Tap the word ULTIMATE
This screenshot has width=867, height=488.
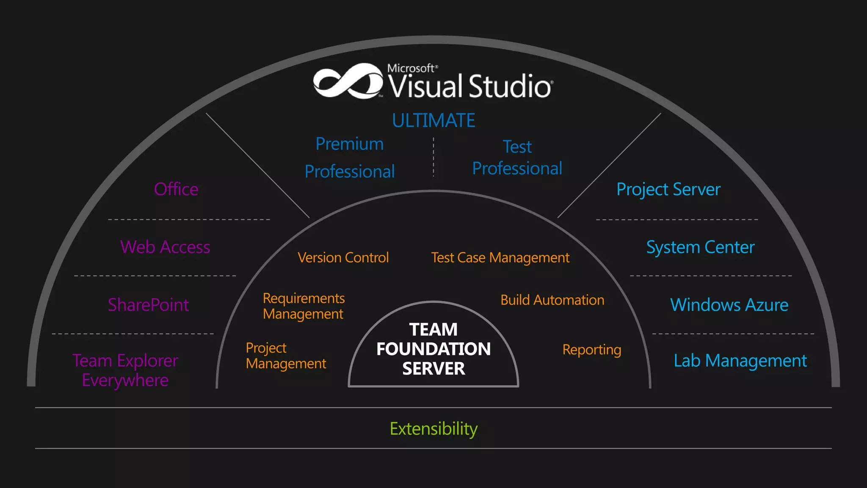(x=433, y=121)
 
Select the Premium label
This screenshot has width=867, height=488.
(x=350, y=144)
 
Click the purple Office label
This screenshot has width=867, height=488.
(x=176, y=189)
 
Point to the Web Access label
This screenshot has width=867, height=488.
(x=165, y=247)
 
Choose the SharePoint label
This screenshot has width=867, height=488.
(x=148, y=305)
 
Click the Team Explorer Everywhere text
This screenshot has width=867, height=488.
(x=125, y=370)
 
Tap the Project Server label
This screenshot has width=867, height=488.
(x=668, y=189)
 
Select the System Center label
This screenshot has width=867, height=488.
(x=700, y=247)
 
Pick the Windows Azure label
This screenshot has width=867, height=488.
(x=729, y=305)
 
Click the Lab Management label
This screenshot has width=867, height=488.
(x=740, y=361)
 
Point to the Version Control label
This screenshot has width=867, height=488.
(x=343, y=258)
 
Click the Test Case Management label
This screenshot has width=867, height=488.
(x=500, y=258)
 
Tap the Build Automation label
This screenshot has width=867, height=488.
(x=552, y=300)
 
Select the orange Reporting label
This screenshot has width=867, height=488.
(x=591, y=350)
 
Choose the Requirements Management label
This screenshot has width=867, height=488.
(x=304, y=306)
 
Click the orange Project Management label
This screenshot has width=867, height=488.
(x=286, y=355)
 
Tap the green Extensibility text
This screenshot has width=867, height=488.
(x=433, y=429)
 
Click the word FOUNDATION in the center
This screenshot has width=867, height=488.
(x=433, y=349)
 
